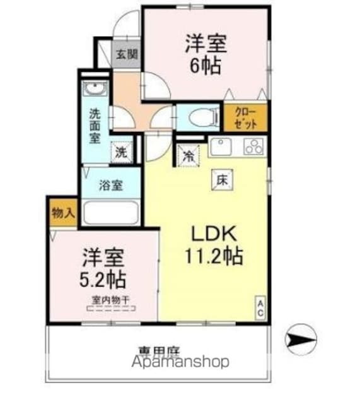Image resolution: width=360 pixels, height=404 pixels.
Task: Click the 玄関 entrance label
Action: tap(126, 54)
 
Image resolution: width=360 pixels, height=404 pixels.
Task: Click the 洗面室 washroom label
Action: tap(95, 126)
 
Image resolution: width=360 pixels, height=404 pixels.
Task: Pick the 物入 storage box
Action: tap(62, 213)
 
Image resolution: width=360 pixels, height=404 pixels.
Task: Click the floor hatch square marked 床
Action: tap(222, 179)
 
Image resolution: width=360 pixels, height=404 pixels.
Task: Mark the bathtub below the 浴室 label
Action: tap(110, 211)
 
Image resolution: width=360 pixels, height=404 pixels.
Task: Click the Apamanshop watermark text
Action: tap(180, 362)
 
